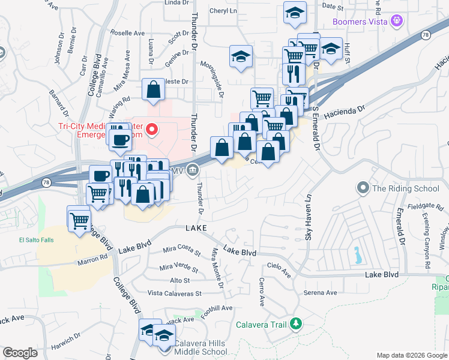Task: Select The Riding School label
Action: [x=406, y=188]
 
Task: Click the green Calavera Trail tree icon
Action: [x=295, y=325]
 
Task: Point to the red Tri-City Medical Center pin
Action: [x=152, y=130]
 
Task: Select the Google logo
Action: [x=20, y=353]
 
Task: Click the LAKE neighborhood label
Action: [x=196, y=229]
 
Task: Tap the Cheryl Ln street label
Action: [x=223, y=11]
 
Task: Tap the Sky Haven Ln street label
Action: [x=308, y=216]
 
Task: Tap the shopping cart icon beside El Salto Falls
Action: [x=79, y=219]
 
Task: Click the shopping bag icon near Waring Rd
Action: [x=154, y=90]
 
